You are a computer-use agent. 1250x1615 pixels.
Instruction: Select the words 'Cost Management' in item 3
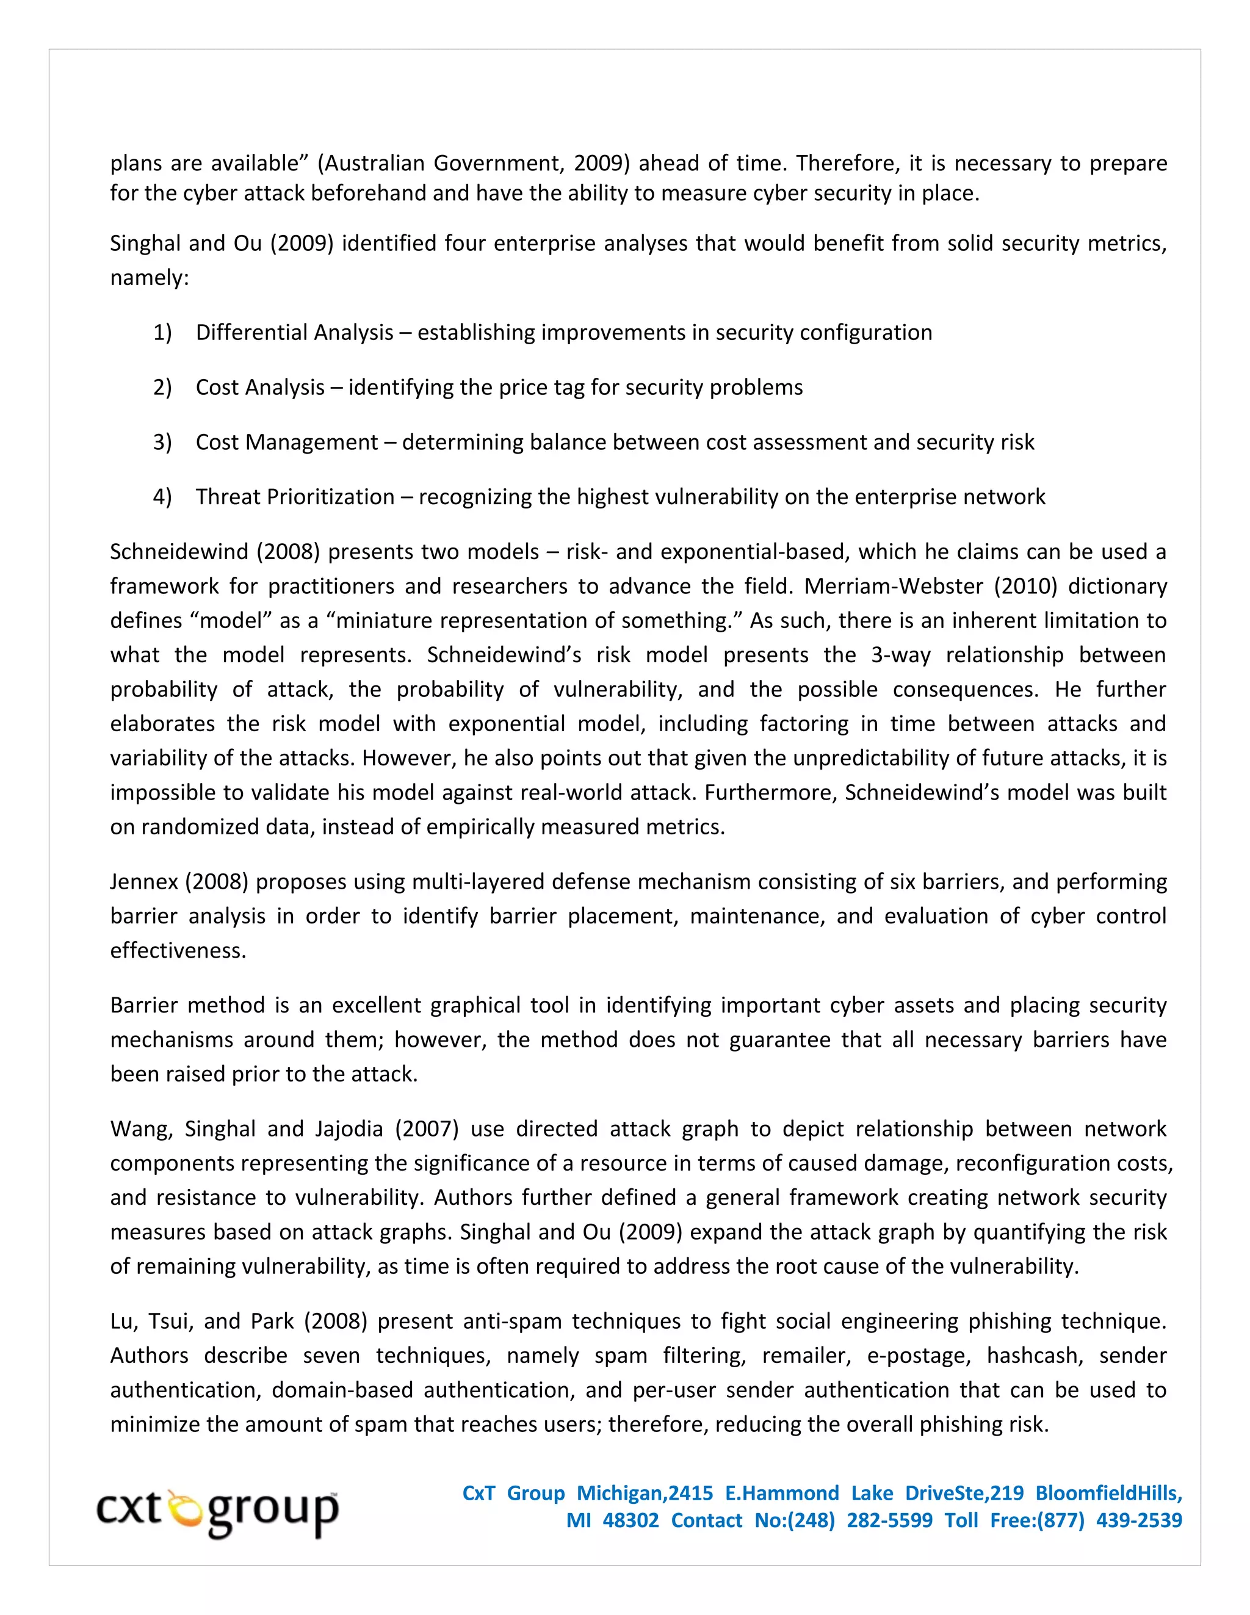pyautogui.click(x=286, y=442)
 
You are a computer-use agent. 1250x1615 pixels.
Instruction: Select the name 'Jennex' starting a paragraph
pyautogui.click(x=143, y=882)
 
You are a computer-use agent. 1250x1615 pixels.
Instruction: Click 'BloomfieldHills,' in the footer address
pyautogui.click(x=1108, y=1493)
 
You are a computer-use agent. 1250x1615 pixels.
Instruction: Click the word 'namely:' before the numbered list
pyautogui.click(x=150, y=278)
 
